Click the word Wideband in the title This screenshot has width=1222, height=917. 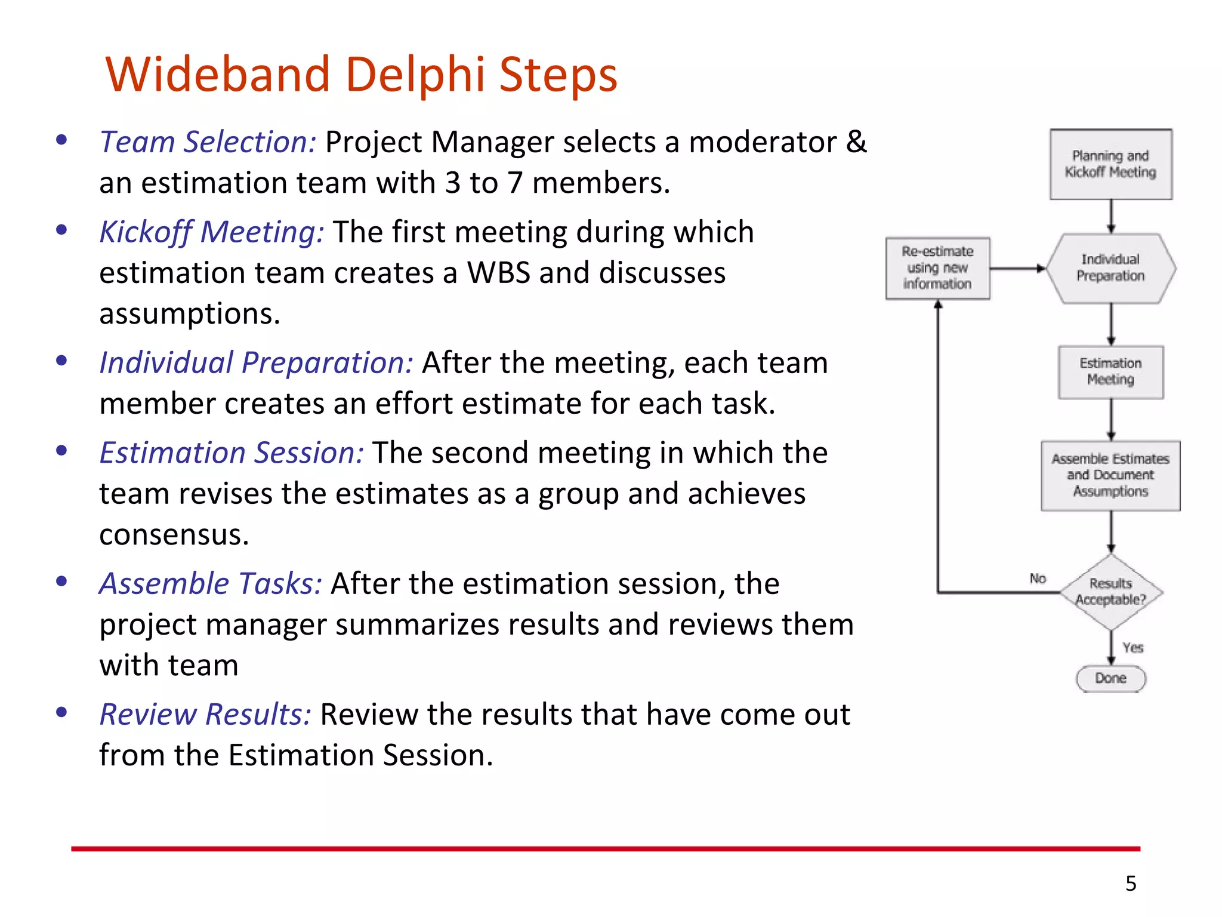pyautogui.click(x=218, y=75)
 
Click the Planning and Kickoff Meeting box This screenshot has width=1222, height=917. pyautogui.click(x=1110, y=164)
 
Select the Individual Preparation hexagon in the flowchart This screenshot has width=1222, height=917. pyautogui.click(x=1110, y=268)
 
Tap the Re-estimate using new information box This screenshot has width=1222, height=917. pyautogui.click(x=937, y=268)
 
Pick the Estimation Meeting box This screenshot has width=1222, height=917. pyautogui.click(x=1110, y=371)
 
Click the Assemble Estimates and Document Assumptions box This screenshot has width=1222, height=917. pyautogui.click(x=1110, y=475)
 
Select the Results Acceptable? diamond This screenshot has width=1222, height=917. pyautogui.click(x=1110, y=592)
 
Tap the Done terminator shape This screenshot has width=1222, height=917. pyautogui.click(x=1110, y=679)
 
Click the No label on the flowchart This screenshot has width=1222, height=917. pyautogui.click(x=1038, y=578)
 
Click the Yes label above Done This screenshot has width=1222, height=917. pyautogui.click(x=1132, y=648)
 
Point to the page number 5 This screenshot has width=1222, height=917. pyautogui.click(x=1131, y=884)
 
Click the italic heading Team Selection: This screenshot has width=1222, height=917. pyautogui.click(x=207, y=143)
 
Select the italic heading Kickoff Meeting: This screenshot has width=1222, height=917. pyautogui.click(x=212, y=232)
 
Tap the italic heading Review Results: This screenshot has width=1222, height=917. pyautogui.click(x=205, y=715)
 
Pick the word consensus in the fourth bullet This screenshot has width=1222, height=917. pyautogui.click(x=174, y=535)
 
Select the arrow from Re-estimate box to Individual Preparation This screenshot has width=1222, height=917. pyautogui.click(x=1018, y=269)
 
